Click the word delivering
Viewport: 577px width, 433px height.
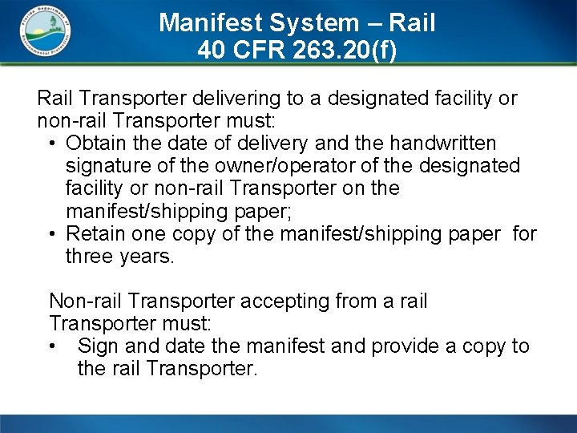click(x=243, y=99)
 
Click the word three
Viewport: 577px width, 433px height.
click(x=91, y=257)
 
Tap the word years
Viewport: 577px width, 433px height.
click(x=147, y=257)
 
